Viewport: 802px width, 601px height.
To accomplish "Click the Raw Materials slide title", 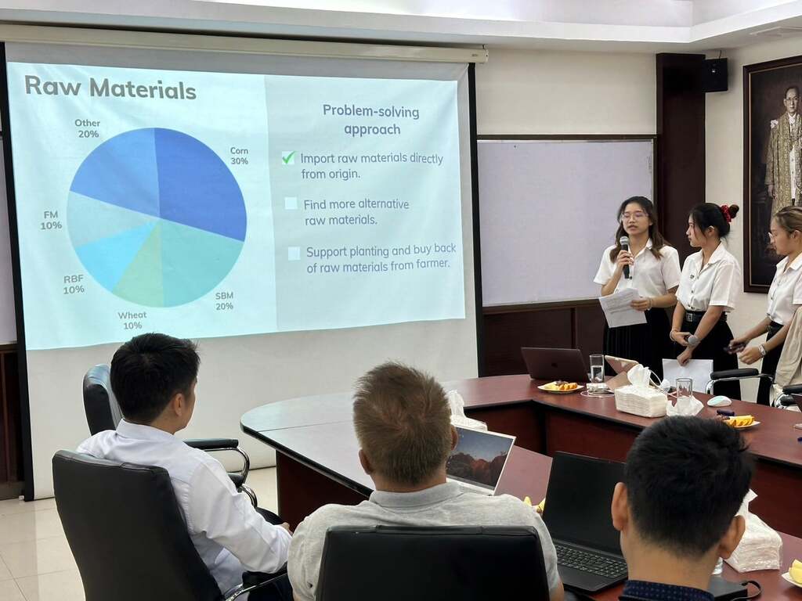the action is coord(110,88).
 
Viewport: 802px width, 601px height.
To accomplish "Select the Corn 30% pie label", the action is coord(239,156).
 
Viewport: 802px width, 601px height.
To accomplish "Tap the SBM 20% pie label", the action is coord(224,301).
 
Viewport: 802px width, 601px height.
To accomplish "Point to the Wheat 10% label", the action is coord(132,320).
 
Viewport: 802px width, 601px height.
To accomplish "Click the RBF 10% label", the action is coord(74,285).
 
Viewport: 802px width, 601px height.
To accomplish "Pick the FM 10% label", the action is coord(51,220).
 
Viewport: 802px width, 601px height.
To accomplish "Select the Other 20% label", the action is coord(88,128).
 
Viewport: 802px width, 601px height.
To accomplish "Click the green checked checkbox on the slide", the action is coord(288,157).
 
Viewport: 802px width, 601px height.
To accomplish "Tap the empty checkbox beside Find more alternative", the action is coord(291,203).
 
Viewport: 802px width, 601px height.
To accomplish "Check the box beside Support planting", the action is coord(294,254).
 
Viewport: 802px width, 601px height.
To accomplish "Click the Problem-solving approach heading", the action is coord(371,120).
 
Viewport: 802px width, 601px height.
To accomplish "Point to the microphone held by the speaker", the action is coord(625,257).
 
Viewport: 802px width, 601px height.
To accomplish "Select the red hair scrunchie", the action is coord(727,212).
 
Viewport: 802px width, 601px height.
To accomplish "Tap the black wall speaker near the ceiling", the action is coord(714,75).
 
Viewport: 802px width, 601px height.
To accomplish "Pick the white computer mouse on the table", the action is coord(719,401).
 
